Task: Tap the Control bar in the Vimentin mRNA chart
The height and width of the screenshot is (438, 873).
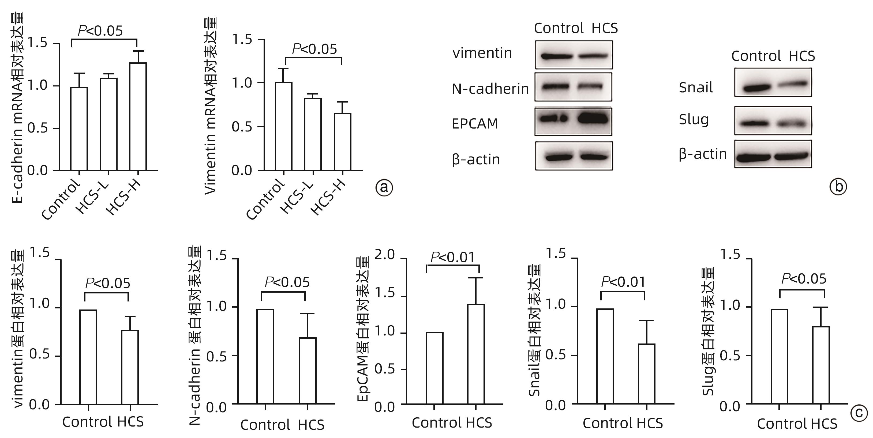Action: tap(284, 126)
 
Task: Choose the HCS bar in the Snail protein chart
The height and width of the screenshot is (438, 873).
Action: tap(647, 374)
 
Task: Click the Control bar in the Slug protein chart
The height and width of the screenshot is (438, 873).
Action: tap(780, 356)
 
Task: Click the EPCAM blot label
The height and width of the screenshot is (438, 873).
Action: tap(475, 124)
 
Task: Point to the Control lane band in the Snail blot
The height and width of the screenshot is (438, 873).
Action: tap(755, 89)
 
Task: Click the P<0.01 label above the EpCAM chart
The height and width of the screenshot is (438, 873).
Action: tap(452, 258)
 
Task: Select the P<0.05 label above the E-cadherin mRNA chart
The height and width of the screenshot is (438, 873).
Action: tap(100, 31)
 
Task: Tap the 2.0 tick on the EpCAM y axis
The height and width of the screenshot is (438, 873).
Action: tap(385, 255)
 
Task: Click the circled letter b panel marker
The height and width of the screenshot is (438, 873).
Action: tap(838, 187)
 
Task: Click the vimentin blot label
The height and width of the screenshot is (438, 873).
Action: tap(482, 53)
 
